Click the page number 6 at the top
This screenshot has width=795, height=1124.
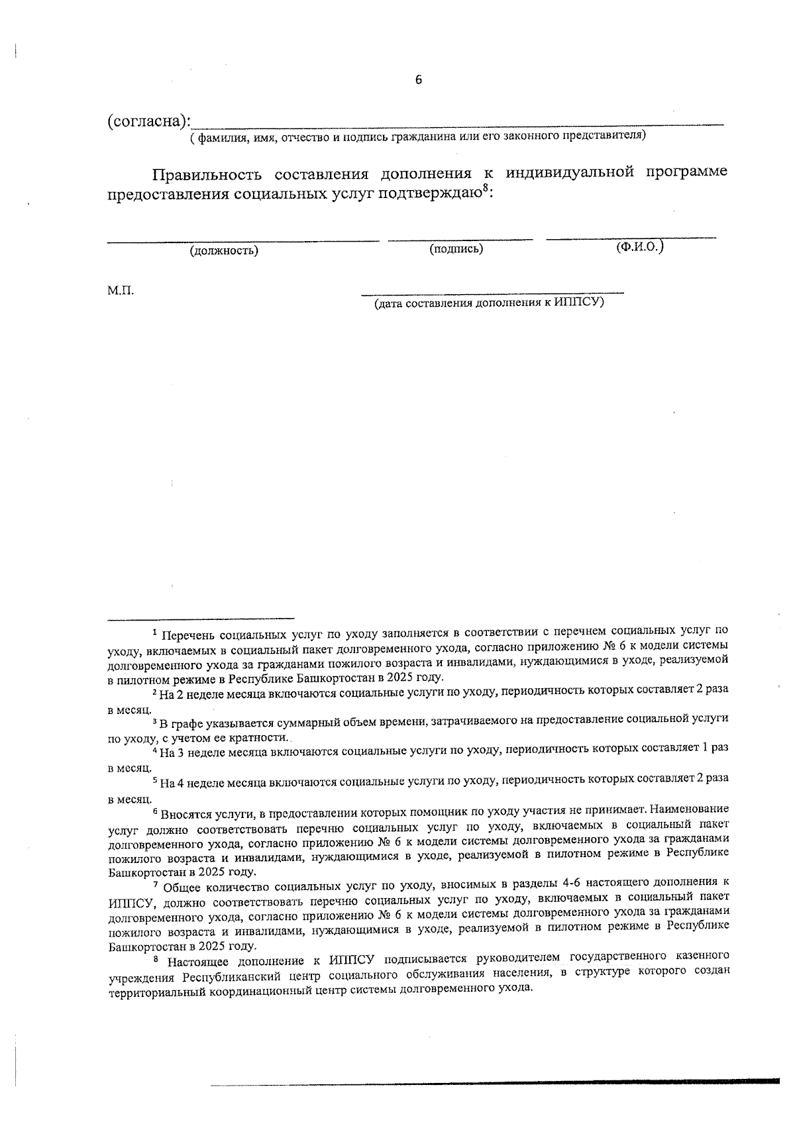point(418,80)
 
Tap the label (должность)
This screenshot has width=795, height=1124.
point(224,251)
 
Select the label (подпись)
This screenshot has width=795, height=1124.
point(456,249)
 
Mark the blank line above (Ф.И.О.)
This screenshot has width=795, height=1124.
point(631,237)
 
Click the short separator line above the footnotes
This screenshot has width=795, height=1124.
point(201,617)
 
